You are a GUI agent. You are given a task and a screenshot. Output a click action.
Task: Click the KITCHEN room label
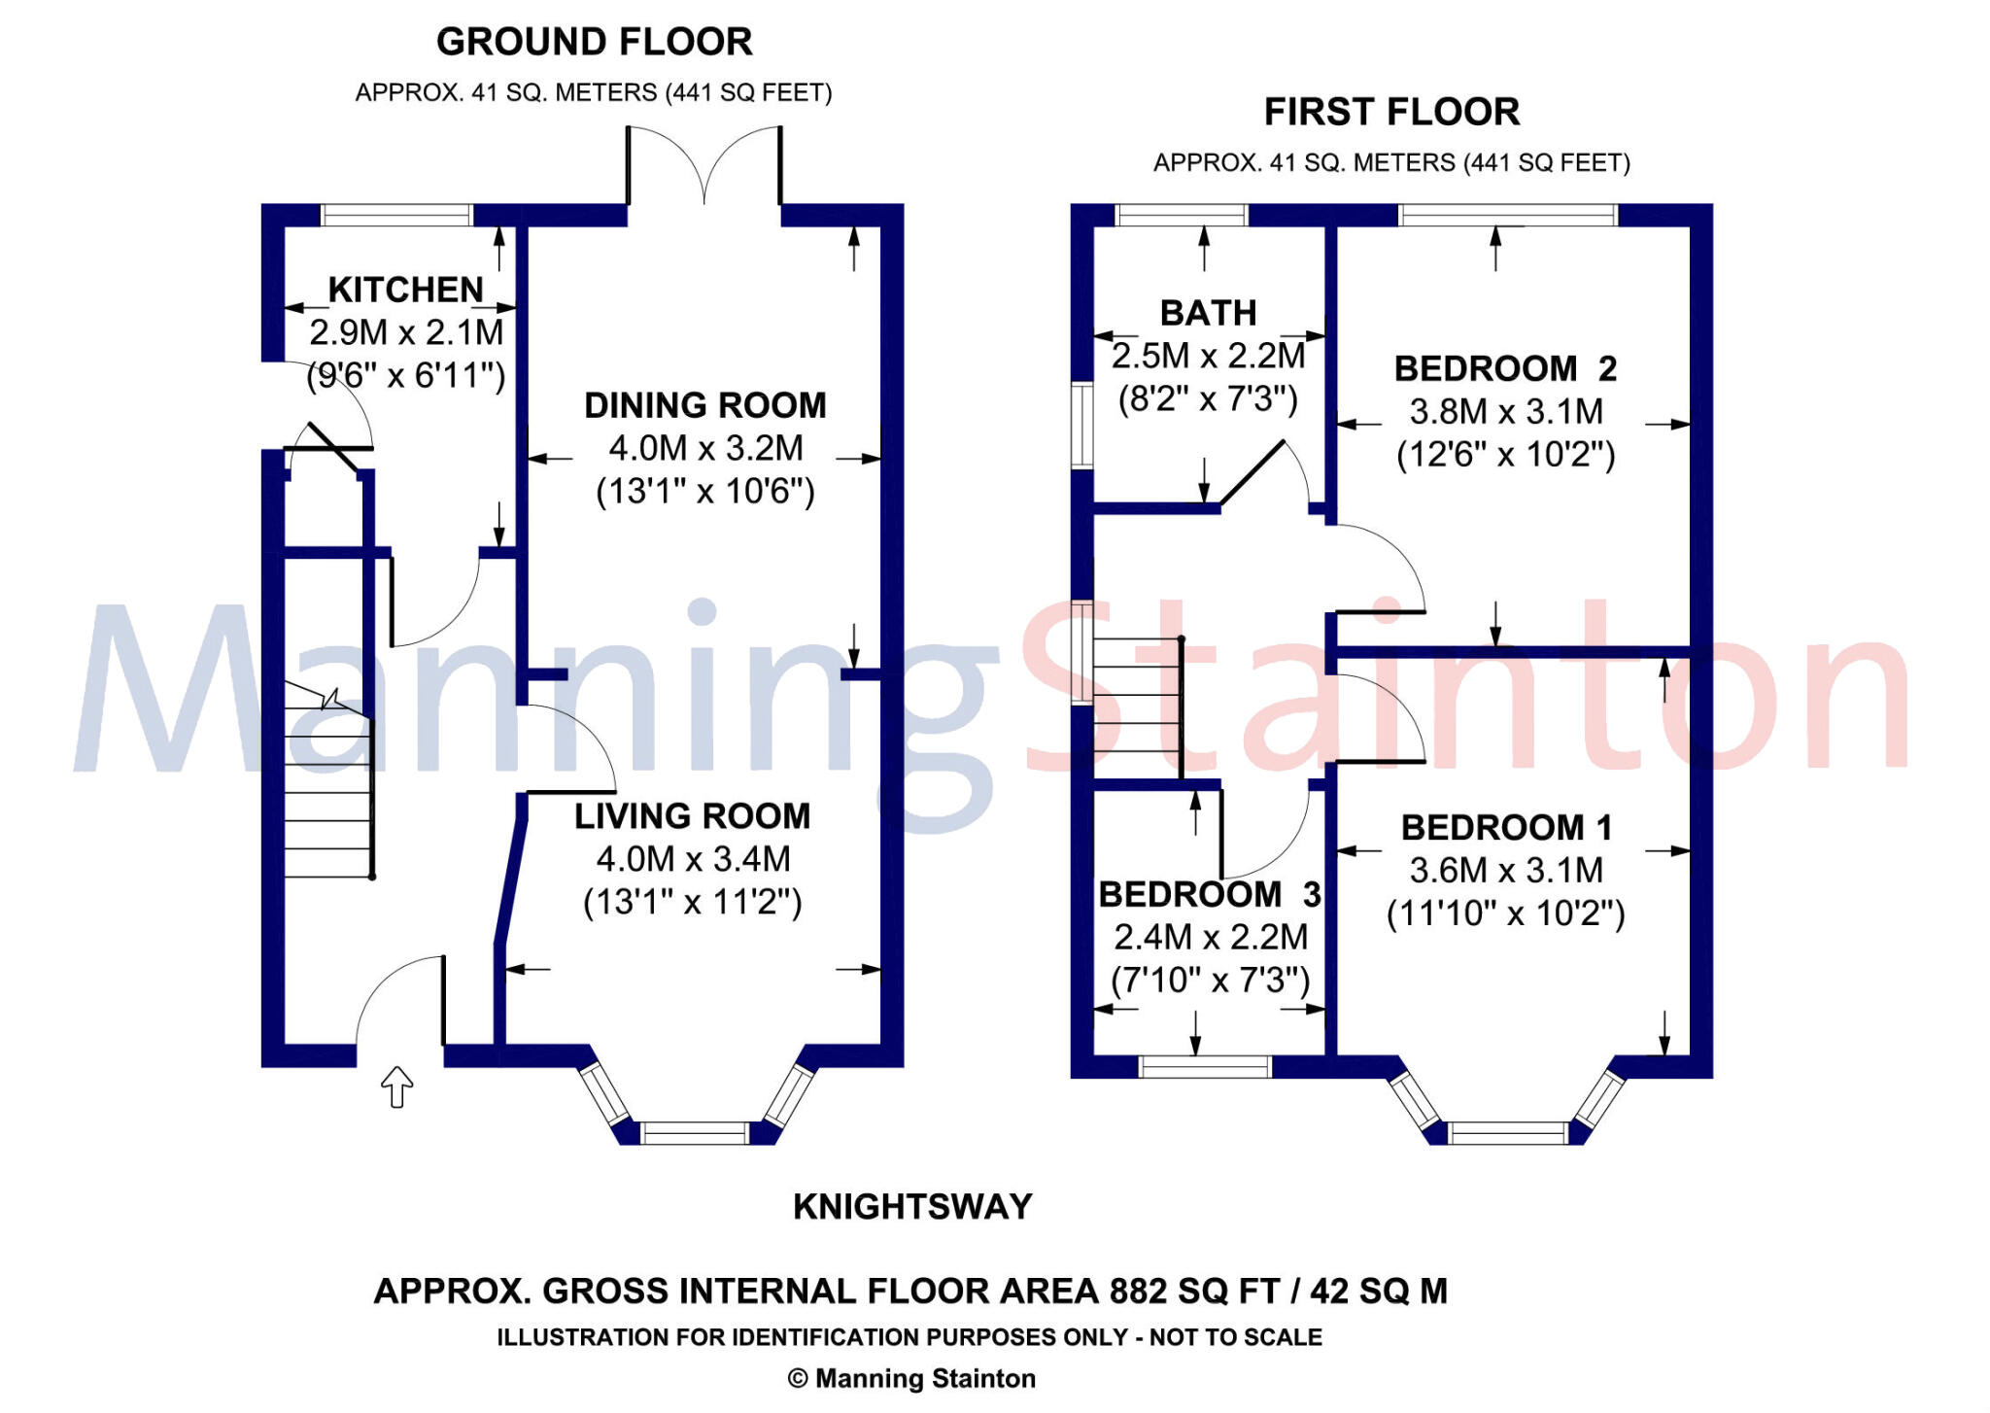(x=405, y=290)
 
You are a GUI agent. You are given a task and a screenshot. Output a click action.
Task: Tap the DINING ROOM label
(x=705, y=405)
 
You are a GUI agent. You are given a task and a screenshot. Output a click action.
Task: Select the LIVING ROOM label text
(x=692, y=816)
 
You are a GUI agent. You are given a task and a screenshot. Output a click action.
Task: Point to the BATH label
(x=1208, y=313)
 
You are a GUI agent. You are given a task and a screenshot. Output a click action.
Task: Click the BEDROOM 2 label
(x=1505, y=369)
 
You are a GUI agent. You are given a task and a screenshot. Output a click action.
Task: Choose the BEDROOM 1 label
(x=1506, y=828)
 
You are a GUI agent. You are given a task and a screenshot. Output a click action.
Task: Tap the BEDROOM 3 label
(x=1210, y=894)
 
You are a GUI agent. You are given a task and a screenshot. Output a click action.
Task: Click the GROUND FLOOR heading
(x=594, y=42)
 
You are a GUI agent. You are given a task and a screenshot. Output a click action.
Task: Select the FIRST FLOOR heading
(x=1391, y=112)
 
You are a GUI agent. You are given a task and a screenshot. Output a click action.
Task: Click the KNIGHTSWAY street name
(x=912, y=1207)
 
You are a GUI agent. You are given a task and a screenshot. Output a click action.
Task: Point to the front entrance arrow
(x=396, y=1086)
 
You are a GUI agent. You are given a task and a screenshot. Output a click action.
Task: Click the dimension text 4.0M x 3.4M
(x=693, y=859)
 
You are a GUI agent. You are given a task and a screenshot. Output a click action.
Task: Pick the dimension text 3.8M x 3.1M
(x=1506, y=412)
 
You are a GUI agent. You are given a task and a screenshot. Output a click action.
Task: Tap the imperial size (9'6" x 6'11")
(x=406, y=375)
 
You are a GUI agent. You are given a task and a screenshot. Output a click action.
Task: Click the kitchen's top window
(x=396, y=215)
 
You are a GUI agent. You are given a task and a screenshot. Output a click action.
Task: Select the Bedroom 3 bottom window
(x=1204, y=1067)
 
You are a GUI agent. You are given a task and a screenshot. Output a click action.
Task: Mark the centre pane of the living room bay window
(x=694, y=1133)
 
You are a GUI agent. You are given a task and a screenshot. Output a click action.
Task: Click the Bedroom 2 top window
(x=1508, y=215)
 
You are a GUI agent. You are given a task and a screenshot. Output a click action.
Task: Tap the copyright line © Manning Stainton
(x=911, y=1379)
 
